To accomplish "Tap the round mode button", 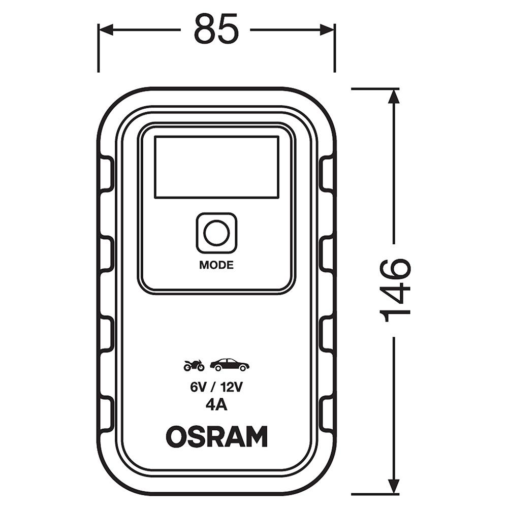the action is point(216,233).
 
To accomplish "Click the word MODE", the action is point(216,265).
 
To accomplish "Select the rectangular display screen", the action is point(216,167).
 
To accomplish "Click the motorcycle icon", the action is point(194,365).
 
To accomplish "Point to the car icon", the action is point(230,364).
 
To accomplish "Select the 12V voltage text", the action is point(231,387).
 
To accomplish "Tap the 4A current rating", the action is point(216,405).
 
